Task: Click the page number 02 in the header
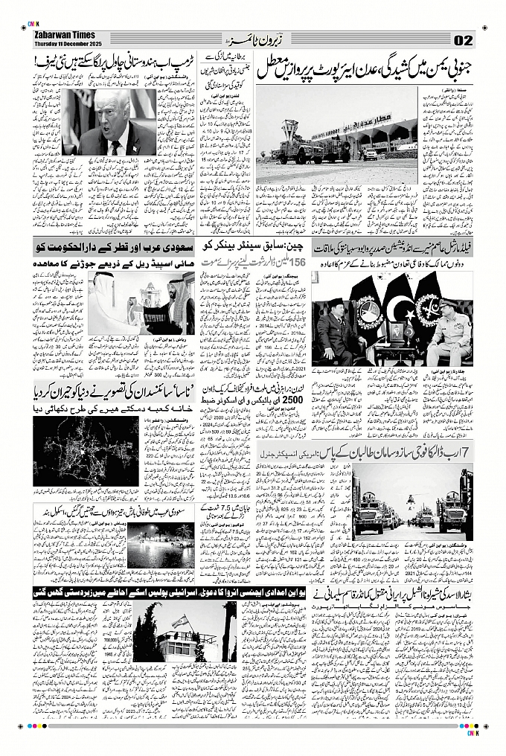[x=462, y=39]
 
